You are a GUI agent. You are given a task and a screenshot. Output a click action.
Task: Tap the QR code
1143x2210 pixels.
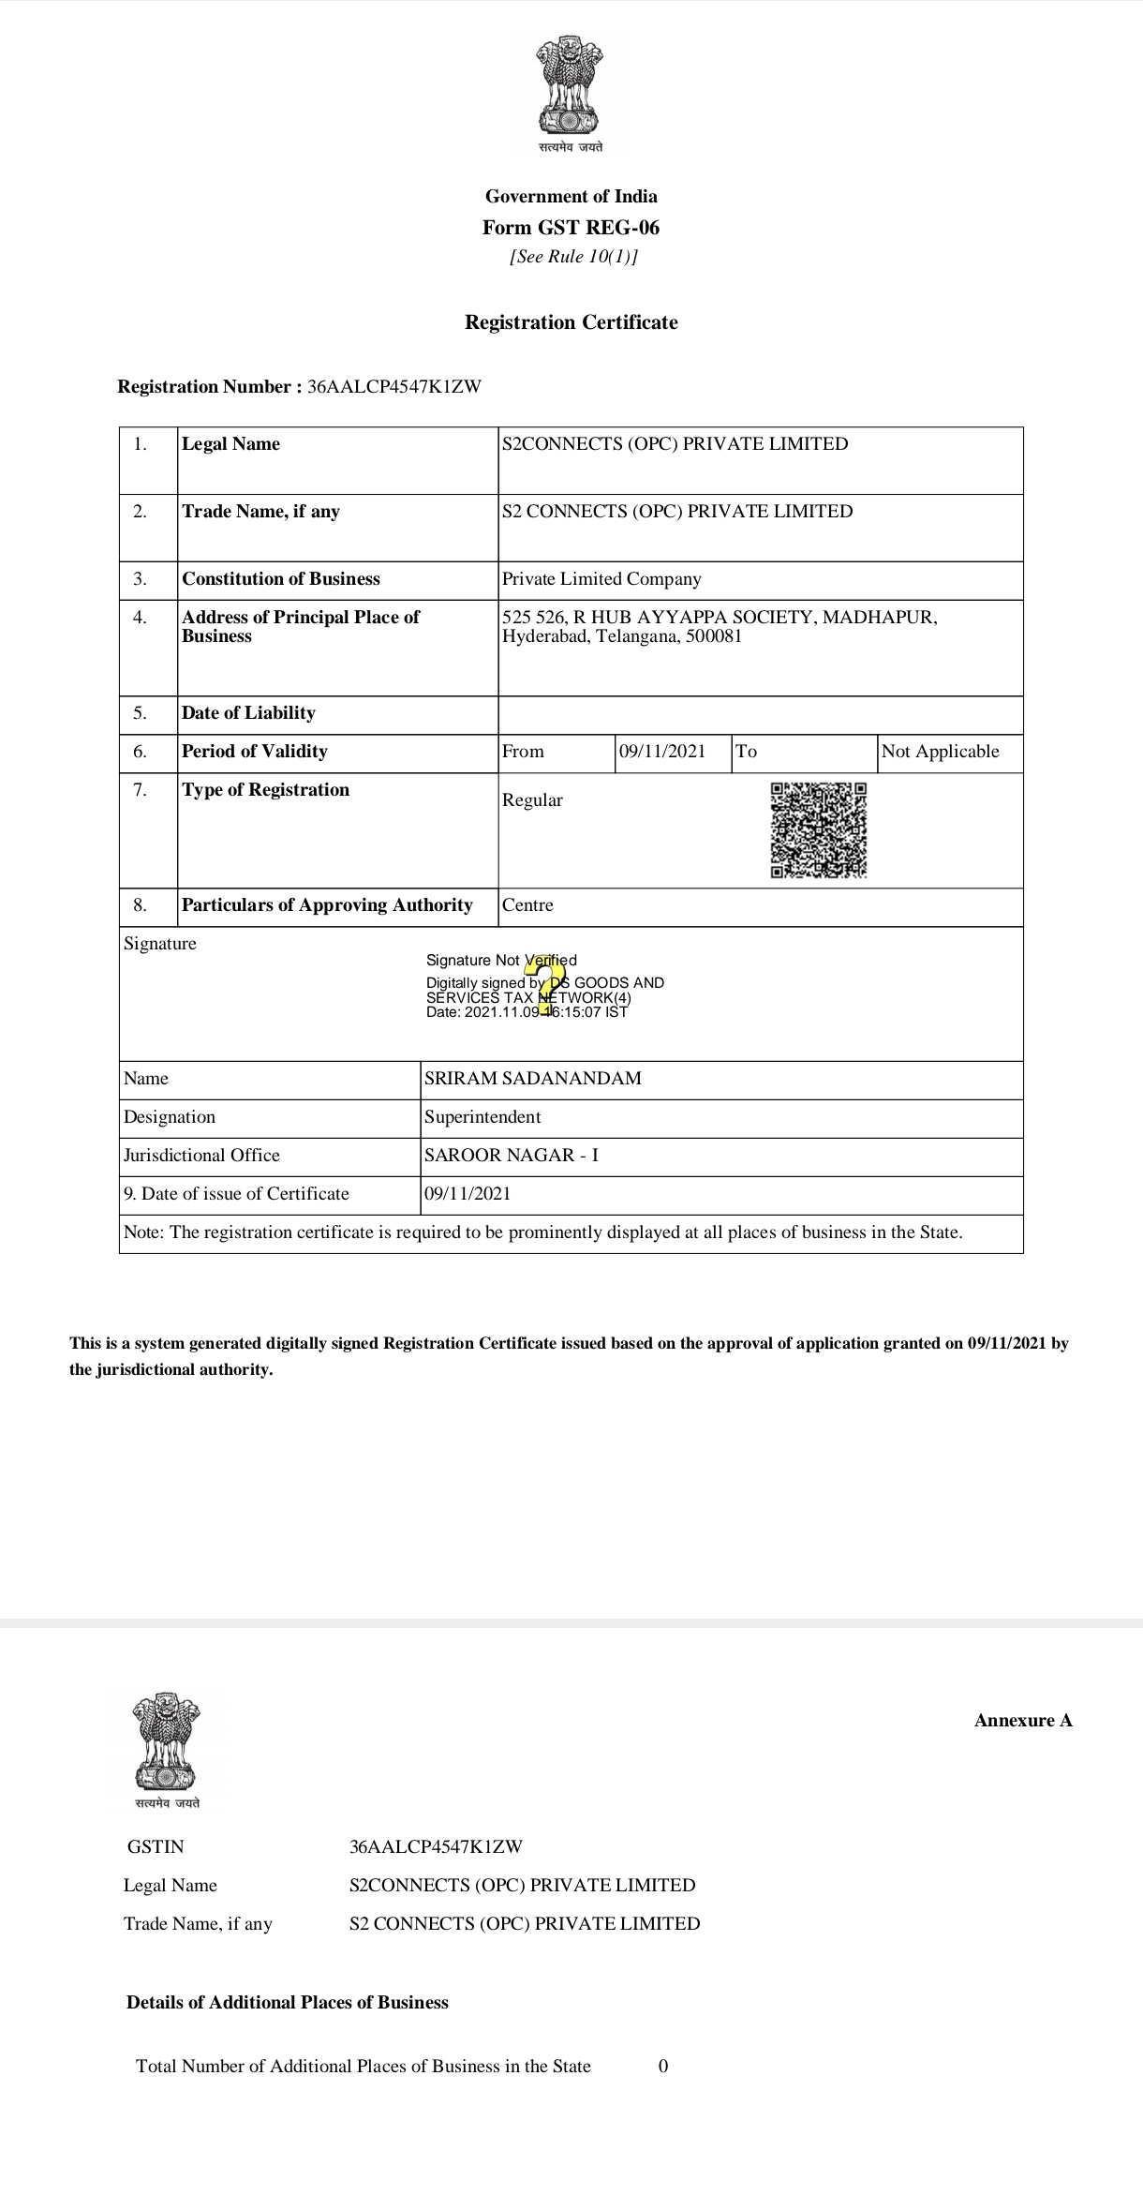point(818,830)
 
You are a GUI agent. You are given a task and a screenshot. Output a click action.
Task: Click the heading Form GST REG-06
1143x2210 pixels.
point(571,228)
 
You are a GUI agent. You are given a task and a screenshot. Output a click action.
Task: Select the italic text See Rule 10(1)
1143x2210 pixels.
point(573,257)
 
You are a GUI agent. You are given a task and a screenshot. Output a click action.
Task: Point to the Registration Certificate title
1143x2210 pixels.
point(571,322)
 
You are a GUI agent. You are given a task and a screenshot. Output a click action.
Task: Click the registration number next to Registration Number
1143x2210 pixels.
point(393,387)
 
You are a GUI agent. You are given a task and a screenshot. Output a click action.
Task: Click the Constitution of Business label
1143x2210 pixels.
point(281,579)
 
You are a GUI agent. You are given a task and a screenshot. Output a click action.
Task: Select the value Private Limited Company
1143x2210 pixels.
point(601,579)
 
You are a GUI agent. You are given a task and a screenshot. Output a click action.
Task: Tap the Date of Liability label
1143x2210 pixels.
point(248,713)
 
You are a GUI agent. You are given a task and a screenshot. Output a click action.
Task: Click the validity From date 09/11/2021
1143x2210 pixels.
point(662,752)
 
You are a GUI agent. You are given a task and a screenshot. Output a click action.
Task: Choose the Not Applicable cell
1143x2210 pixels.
point(941,752)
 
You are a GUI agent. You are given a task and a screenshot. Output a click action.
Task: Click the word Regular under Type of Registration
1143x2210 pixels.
point(532,800)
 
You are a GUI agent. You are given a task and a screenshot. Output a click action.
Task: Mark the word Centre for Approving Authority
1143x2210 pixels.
point(527,905)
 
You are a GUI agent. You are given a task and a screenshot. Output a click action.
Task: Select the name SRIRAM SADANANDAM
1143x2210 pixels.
point(533,1079)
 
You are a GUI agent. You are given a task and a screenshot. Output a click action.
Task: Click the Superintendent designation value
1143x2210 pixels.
point(482,1117)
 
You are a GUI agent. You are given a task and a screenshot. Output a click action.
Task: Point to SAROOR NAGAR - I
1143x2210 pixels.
point(512,1156)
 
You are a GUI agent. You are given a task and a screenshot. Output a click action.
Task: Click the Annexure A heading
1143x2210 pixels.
point(1023,1721)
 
